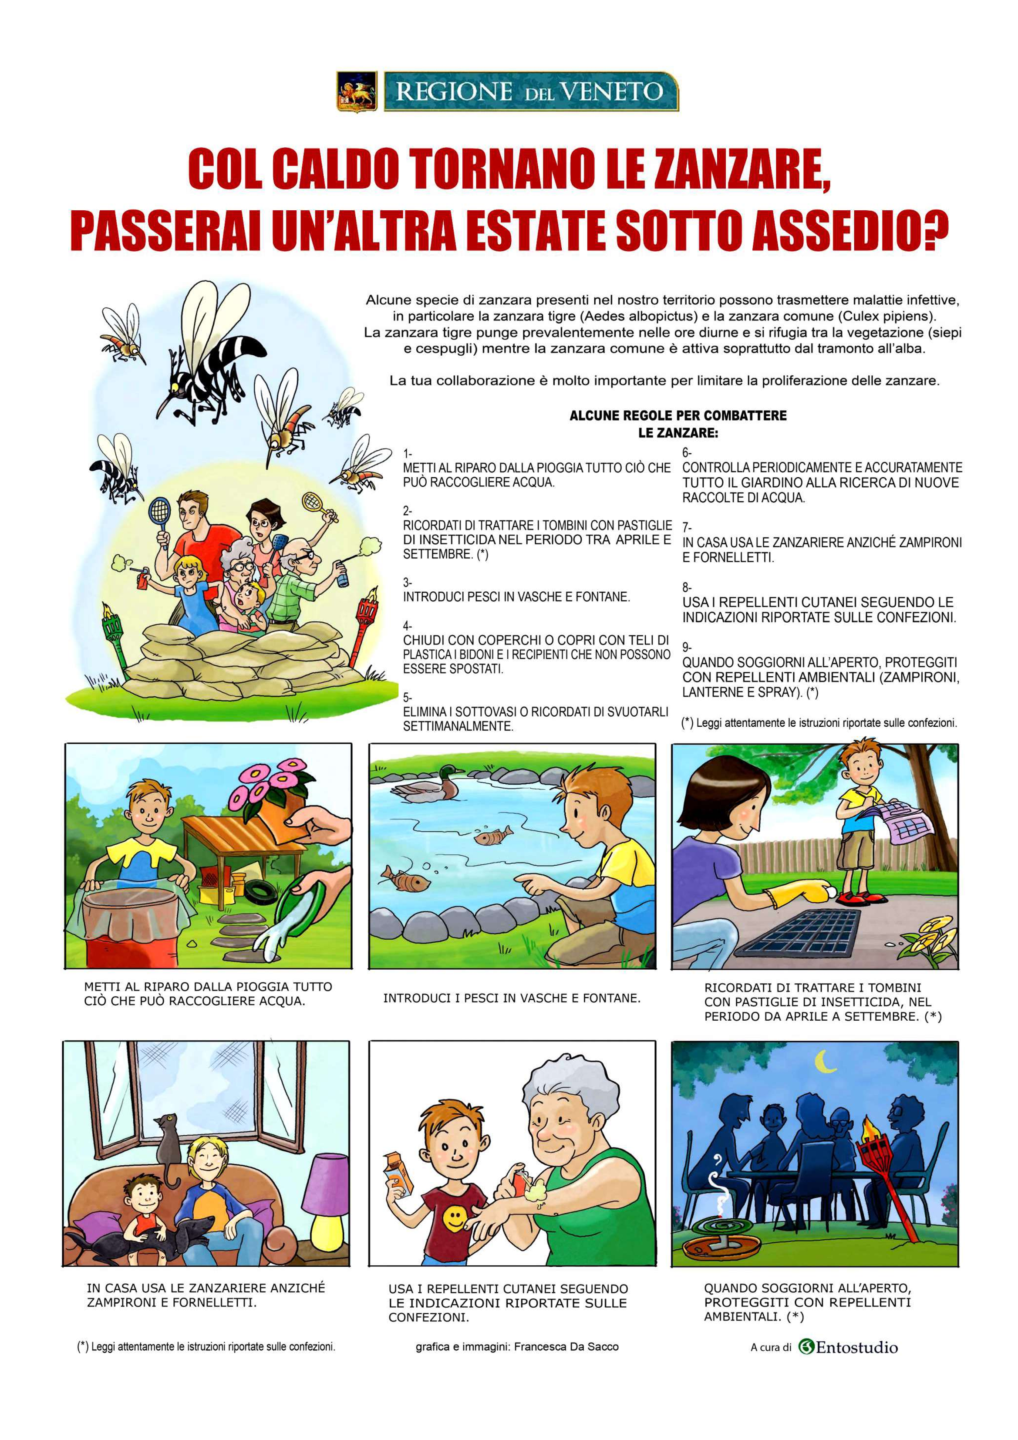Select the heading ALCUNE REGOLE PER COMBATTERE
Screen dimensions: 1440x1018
678,415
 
